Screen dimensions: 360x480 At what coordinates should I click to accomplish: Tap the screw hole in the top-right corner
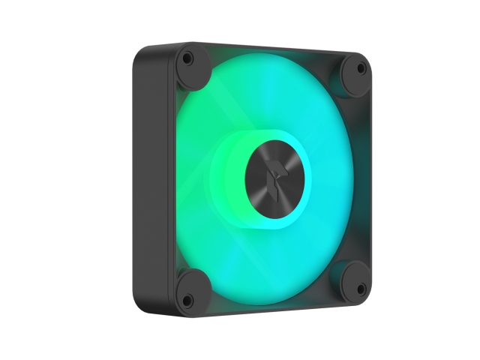[x=360, y=68]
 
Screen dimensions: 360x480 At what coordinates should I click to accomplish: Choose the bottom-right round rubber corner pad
[x=353, y=280]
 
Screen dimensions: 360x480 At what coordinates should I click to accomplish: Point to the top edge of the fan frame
[x=270, y=48]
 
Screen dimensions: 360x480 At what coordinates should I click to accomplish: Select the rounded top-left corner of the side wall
[x=142, y=56]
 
